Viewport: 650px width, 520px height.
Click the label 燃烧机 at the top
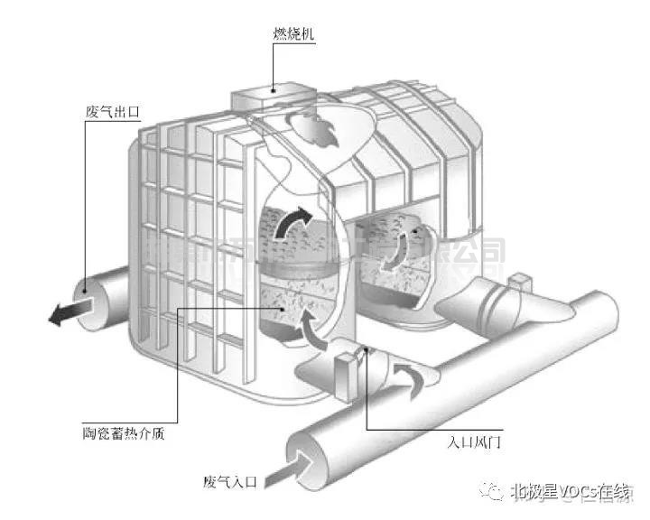[292, 36]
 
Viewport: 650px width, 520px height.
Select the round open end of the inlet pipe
[307, 448]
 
